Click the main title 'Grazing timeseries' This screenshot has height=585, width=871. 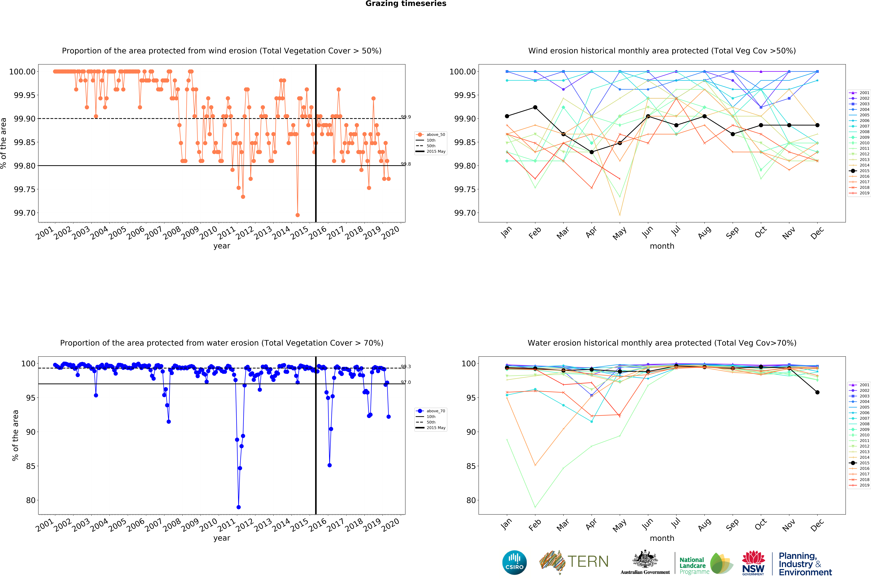(406, 4)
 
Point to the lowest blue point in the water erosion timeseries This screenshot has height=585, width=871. (239, 507)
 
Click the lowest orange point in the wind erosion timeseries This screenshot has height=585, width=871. (297, 215)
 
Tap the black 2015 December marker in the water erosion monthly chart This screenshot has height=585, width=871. (817, 392)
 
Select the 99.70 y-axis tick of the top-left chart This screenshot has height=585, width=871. (25, 213)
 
